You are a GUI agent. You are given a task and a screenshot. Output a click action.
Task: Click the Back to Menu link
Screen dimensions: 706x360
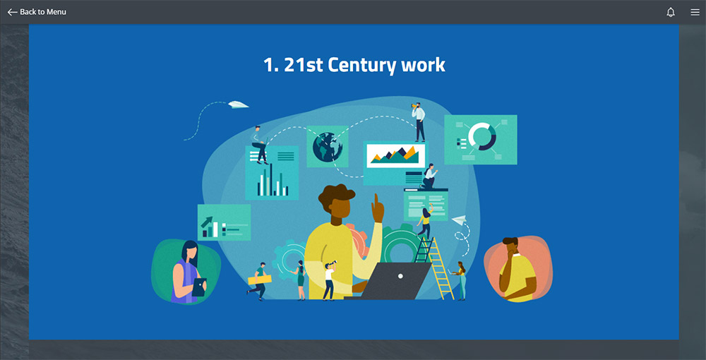(37, 12)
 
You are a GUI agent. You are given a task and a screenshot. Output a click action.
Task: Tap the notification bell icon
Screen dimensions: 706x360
(671, 12)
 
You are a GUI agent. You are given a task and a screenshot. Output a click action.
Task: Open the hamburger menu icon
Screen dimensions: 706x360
(695, 12)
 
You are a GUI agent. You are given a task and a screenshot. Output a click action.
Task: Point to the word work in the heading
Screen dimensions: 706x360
(423, 65)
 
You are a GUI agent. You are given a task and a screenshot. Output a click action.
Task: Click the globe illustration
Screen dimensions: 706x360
(328, 147)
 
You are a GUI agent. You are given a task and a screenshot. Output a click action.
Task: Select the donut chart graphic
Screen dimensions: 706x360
(481, 136)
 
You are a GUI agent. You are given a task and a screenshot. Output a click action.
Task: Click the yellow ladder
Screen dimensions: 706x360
(436, 269)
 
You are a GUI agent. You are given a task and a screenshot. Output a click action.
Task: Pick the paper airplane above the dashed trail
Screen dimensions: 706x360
(238, 104)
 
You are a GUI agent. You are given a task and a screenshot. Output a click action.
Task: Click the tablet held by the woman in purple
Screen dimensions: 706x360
(199, 287)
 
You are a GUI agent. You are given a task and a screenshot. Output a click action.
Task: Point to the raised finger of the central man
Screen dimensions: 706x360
(375, 200)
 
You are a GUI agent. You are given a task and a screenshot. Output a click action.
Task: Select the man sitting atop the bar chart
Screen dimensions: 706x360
(259, 145)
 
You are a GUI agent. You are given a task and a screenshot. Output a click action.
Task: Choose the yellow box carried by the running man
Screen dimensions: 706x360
(260, 280)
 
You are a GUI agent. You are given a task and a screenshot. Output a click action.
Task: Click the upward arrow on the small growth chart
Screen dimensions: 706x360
(207, 222)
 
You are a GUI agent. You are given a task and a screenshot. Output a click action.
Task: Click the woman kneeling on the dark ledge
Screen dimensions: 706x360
(429, 176)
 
